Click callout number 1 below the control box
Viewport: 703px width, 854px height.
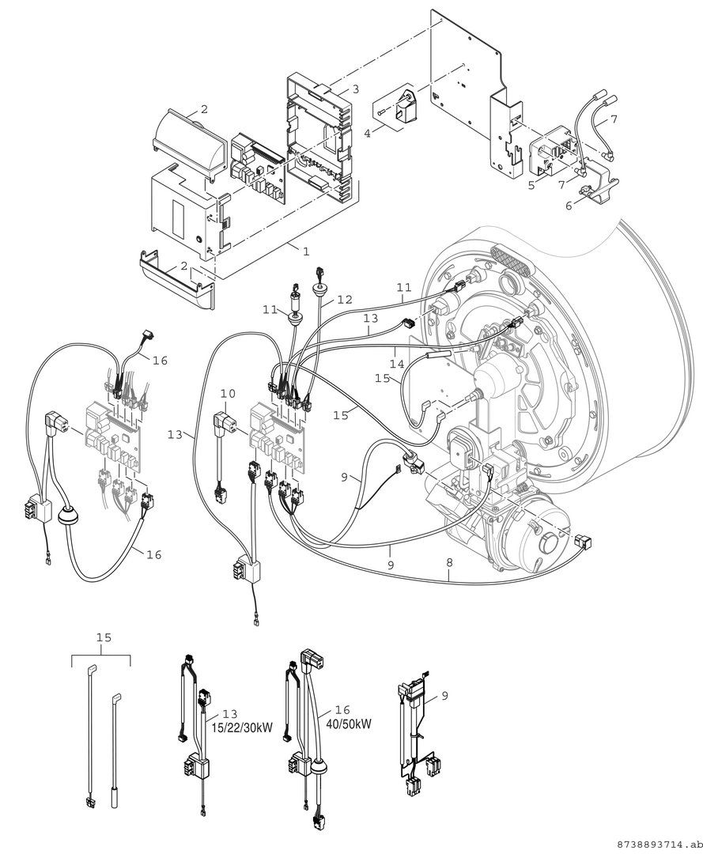click(306, 251)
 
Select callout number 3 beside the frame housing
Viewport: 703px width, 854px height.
click(356, 90)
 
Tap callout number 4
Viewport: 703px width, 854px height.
click(367, 134)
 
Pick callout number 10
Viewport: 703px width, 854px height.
click(228, 392)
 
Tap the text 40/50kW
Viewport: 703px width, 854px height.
click(349, 724)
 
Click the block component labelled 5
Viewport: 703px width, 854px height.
click(554, 154)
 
